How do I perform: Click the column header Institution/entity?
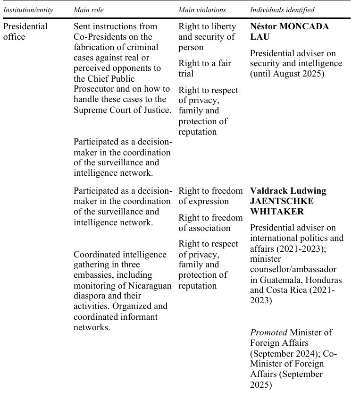pyautogui.click(x=28, y=10)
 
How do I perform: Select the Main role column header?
pyautogui.click(x=89, y=10)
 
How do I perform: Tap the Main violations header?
pyautogui.click(x=202, y=10)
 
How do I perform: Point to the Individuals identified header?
pyautogui.click(x=282, y=10)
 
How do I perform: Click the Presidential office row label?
pyautogui.click(x=25, y=31)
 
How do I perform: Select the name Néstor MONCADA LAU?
pyautogui.click(x=289, y=31)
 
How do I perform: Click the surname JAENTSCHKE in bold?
pyautogui.click(x=282, y=201)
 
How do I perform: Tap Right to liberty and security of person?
pyautogui.click(x=207, y=37)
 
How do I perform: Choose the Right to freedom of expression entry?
pyautogui.click(x=210, y=196)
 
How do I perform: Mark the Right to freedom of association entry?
pyautogui.click(x=210, y=222)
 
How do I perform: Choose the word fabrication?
pyautogui.click(x=95, y=47)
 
